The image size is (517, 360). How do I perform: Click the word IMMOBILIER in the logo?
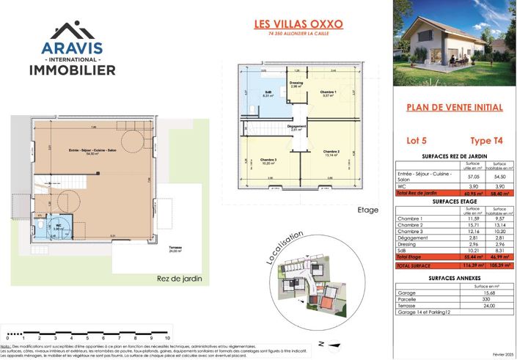pyautogui.click(x=72, y=70)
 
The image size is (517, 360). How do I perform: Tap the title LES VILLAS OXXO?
pyautogui.click(x=298, y=23)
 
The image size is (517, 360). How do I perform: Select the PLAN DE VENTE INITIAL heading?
pyautogui.click(x=455, y=107)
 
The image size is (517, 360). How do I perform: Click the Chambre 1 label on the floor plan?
pyautogui.click(x=327, y=92)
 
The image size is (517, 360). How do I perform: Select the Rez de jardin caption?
pyautogui.click(x=179, y=279)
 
